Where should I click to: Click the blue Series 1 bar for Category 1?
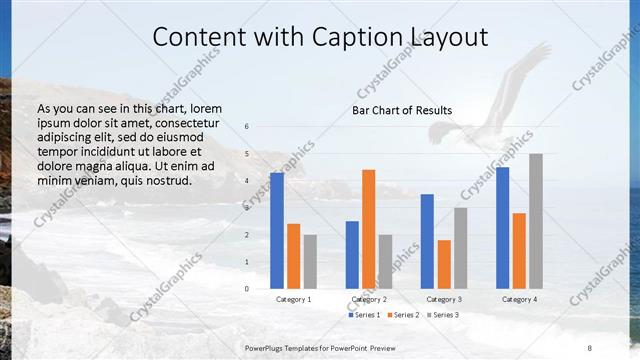277,231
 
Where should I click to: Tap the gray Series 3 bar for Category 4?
536,221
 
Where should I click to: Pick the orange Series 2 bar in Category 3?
444,264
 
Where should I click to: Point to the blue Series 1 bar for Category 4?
502,228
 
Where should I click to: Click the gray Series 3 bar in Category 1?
310,262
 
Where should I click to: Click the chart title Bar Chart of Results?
402,110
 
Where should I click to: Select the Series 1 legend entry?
365,315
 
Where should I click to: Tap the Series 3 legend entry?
443,315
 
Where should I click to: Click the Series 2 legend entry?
404,315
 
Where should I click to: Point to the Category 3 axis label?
444,299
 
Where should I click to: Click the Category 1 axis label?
293,299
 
